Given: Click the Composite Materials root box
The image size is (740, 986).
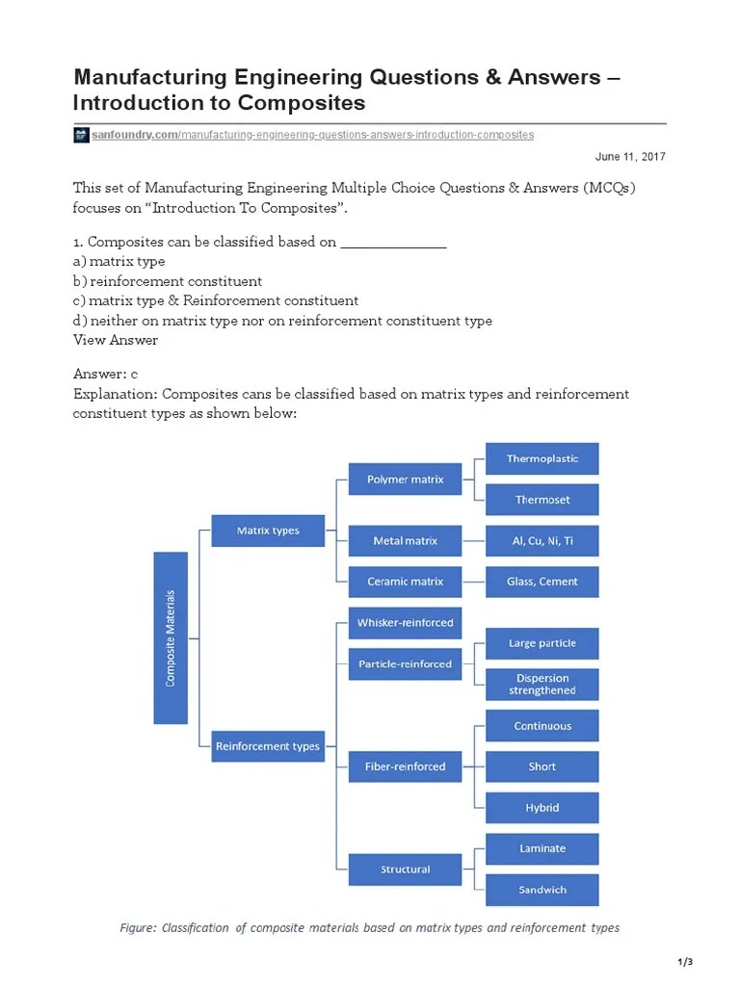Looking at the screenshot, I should pos(171,637).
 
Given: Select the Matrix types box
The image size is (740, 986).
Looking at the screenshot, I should pos(268,531).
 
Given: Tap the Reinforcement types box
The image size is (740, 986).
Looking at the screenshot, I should pos(268,745).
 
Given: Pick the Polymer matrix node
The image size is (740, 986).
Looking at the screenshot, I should pos(405,479).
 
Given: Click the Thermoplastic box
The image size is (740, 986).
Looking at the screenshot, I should pos(542,458).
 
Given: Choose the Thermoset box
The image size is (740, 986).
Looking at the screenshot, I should pos(542,500).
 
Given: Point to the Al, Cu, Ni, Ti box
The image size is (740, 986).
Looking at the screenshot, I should pos(542,541).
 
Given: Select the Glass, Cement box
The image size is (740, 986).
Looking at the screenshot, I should pos(542,582).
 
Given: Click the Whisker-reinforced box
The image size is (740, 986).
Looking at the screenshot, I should pos(405,623).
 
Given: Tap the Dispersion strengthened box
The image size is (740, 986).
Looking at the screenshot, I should pos(542,684).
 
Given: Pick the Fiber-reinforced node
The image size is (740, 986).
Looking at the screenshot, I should pos(405,766).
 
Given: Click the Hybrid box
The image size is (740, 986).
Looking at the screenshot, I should pos(542,808).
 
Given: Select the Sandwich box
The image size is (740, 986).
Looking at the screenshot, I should pos(542,890).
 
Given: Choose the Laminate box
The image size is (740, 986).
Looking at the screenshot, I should pos(542,848).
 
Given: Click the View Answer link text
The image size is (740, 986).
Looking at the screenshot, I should pos(116,340).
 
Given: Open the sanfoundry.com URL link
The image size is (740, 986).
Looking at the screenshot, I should pos(312,135).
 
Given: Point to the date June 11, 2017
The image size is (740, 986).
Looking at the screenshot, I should pos(630,156).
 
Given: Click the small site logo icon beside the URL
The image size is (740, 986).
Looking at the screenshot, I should pos(81,135).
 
